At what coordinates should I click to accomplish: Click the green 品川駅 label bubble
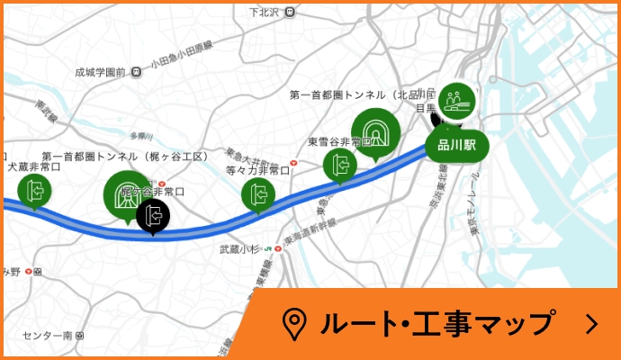coord(456,144)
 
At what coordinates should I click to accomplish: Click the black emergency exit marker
coord(153,215)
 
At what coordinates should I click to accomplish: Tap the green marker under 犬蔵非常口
coord(34,191)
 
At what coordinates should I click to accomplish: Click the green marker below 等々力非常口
coord(259,193)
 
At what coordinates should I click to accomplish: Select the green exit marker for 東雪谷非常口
coord(340,165)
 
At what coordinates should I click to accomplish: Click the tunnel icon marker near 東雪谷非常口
coord(375,130)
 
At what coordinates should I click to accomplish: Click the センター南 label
coord(48,335)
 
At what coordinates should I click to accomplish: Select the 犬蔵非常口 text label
coord(33,166)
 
